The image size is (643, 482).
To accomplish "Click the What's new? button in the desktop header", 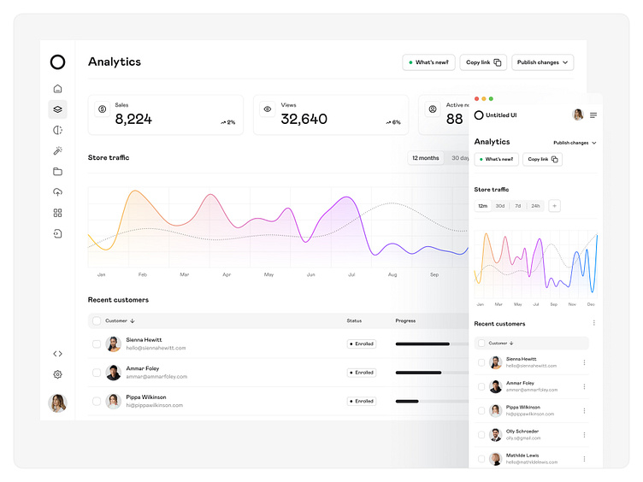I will click(428, 62).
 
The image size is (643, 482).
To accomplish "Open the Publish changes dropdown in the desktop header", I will click(542, 62).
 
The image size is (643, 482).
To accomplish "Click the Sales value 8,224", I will click(133, 120).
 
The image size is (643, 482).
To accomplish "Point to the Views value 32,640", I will click(304, 120).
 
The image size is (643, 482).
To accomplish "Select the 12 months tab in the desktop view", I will click(425, 158).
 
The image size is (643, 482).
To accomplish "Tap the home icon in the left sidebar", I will click(57, 88).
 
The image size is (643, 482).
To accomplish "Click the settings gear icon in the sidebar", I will click(57, 374).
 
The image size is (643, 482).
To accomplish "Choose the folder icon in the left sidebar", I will click(57, 171).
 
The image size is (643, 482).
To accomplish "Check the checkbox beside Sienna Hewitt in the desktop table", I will click(97, 344).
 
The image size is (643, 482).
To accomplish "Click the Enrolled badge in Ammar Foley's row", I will click(362, 373).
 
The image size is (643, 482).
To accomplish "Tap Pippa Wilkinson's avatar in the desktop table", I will click(113, 401).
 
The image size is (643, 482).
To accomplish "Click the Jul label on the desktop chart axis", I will click(351, 274).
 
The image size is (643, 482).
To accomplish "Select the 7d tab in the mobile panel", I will click(517, 206).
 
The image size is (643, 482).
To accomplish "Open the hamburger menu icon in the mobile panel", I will click(593, 115).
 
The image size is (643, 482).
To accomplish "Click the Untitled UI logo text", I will click(501, 115).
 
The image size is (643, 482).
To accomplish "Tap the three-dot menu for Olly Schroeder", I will click(585, 435).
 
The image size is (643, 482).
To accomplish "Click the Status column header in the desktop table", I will click(354, 320).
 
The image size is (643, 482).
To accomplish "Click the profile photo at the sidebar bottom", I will click(57, 403).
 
